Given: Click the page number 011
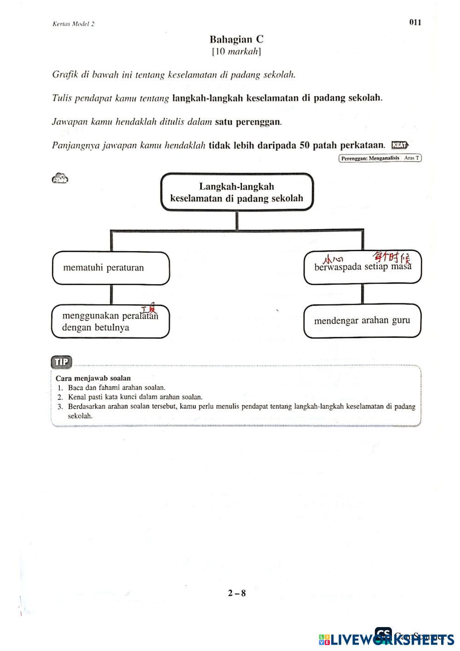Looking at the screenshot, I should point(415,23).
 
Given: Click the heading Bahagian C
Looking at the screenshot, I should point(236,40).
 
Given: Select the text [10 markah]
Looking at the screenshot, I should point(236,52).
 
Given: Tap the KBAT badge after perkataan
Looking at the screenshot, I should point(400,145).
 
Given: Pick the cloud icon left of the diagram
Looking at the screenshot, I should point(60,179).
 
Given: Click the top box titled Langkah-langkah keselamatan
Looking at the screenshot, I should point(236,192).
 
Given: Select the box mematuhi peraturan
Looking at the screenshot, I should point(110,268).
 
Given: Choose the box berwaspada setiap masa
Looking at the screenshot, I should point(362,268).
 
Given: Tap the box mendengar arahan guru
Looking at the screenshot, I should point(362,321).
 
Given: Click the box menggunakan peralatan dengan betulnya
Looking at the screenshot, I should point(110,322).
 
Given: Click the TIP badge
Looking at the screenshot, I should point(62,362).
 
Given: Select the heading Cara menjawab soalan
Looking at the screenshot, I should point(93,378).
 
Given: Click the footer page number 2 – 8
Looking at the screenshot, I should point(237,593).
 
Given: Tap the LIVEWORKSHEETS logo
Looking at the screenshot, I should point(386,639).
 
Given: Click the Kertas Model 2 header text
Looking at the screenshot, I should point(74,24).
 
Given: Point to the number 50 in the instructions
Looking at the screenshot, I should point(305,145).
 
